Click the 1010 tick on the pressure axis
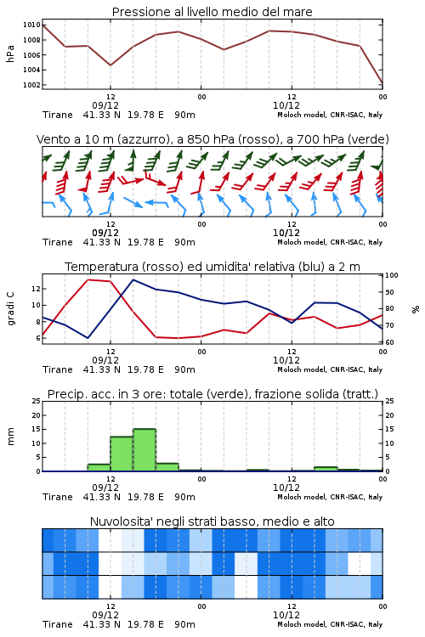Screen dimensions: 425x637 31,25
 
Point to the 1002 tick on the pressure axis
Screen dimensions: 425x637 31,85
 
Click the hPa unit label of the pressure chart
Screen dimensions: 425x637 10,54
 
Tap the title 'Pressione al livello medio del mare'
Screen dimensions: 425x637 212,12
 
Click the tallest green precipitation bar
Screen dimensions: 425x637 144,449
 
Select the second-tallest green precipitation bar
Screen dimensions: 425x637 122,454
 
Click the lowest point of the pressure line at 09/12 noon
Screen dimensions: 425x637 110,65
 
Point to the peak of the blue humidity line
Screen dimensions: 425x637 133,279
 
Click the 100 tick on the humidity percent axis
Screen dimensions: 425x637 392,275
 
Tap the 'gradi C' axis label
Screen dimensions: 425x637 11,309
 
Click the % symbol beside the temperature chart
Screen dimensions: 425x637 416,309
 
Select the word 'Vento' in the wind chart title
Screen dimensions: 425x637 50,139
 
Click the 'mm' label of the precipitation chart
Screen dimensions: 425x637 11,437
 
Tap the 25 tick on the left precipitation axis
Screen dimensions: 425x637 36,402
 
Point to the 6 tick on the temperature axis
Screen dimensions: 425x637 37,338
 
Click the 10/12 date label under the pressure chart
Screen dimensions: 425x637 286,105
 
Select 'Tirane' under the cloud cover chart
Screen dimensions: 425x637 58,624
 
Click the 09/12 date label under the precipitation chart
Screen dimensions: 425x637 105,488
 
